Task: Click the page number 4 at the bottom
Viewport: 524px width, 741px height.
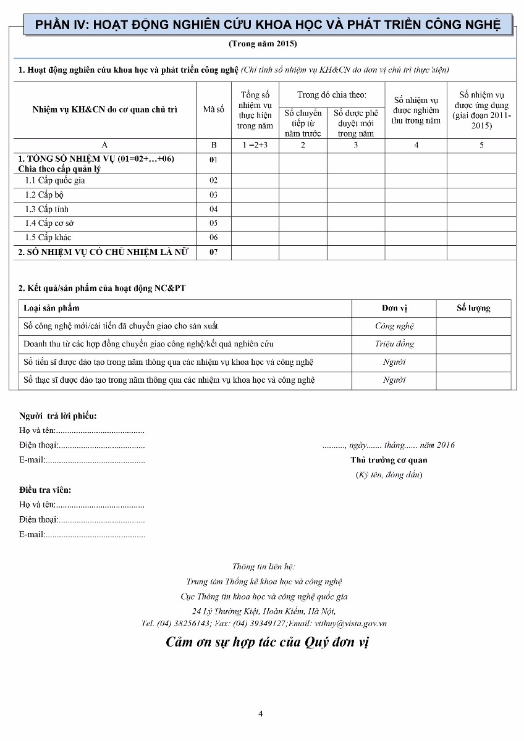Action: tap(260, 714)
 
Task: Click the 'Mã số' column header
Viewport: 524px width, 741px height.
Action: tap(213, 110)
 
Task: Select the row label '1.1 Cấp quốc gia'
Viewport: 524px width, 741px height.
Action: tap(55, 180)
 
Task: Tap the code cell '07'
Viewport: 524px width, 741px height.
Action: tap(213, 252)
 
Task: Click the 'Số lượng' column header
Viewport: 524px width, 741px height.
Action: tap(473, 308)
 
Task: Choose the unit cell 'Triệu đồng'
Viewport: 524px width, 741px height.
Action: tap(394, 344)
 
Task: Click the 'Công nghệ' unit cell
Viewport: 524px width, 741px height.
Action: tap(394, 326)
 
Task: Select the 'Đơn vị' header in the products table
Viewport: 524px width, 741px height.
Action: tap(394, 308)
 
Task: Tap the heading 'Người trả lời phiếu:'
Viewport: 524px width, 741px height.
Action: tap(58, 416)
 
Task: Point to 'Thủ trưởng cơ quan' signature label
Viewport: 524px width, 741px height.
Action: tap(389, 460)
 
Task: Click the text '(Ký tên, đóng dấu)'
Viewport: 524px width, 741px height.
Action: tap(389, 475)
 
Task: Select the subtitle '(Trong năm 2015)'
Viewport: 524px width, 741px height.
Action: tap(263, 44)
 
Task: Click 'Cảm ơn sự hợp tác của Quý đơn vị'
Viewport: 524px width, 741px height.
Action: tap(268, 642)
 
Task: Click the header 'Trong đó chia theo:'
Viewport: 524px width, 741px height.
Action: tap(332, 95)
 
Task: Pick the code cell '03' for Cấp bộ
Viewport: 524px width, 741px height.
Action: tap(213, 195)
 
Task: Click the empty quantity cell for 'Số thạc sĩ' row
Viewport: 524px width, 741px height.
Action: tap(473, 380)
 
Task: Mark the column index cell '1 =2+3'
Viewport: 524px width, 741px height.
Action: tap(255, 145)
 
